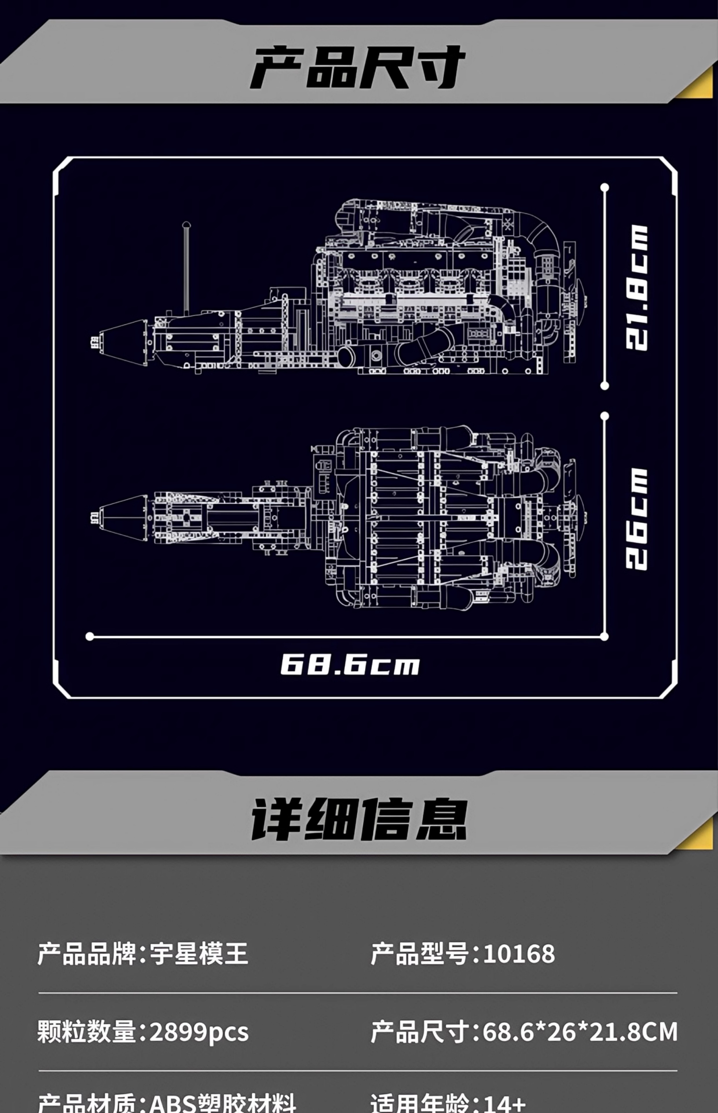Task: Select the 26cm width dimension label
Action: [x=636, y=519]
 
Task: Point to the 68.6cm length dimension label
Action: [x=350, y=665]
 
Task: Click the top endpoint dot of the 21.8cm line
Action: [x=605, y=188]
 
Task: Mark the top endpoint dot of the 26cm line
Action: [x=605, y=416]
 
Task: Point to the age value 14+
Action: [x=505, y=1104]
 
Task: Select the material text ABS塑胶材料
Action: [x=222, y=1104]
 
